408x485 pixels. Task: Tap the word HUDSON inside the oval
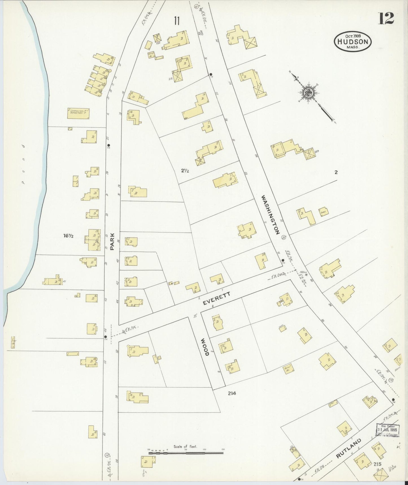[x=353, y=42]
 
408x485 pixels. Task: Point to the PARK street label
[x=112, y=241]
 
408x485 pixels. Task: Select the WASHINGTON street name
[x=270, y=215]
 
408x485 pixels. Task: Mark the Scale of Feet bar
[x=186, y=453]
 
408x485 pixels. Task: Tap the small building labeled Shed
[x=324, y=212]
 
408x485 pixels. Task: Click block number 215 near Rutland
[x=377, y=464]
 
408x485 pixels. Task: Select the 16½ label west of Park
[x=68, y=236]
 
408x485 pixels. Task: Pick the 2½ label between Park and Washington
[x=185, y=170]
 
